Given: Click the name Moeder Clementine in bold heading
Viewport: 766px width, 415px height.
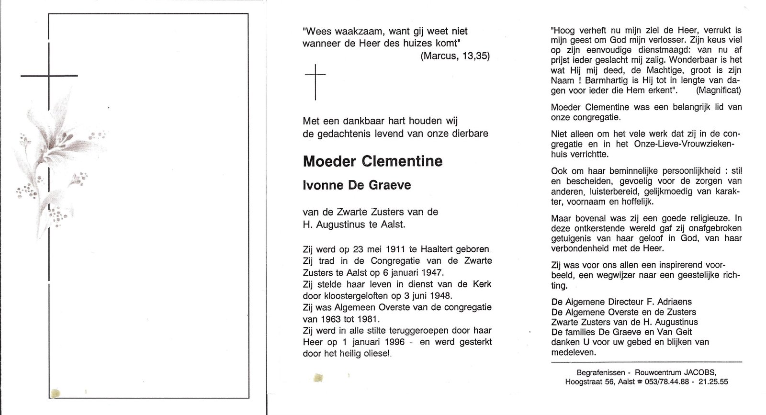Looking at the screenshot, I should pos(372,161).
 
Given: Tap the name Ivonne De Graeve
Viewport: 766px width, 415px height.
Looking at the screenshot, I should pos(357,185).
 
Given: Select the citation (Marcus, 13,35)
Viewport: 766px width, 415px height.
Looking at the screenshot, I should pos(455,56).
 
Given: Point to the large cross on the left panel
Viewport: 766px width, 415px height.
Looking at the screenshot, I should pos(49,76).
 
